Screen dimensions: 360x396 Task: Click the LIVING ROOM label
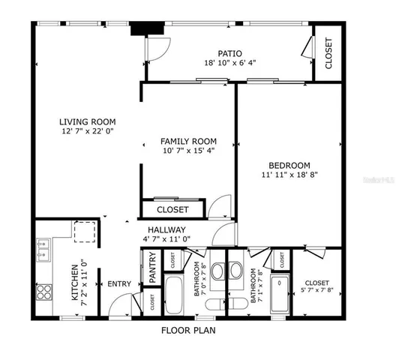point(88,121)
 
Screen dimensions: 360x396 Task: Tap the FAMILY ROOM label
point(188,141)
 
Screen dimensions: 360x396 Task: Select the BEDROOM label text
point(289,165)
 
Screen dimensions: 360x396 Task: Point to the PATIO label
point(229,53)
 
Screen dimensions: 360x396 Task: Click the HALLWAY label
point(166,229)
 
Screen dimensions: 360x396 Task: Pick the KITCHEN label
point(76,282)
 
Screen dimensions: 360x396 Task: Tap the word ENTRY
point(118,283)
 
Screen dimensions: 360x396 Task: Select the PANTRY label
point(152,268)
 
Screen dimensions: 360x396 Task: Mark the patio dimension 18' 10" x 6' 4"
point(229,63)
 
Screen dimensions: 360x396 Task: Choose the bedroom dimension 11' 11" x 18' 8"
point(289,175)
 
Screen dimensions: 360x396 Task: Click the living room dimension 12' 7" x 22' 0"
point(88,132)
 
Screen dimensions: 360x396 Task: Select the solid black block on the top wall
point(139,29)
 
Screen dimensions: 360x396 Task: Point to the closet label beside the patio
point(328,52)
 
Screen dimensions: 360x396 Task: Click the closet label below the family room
point(172,209)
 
